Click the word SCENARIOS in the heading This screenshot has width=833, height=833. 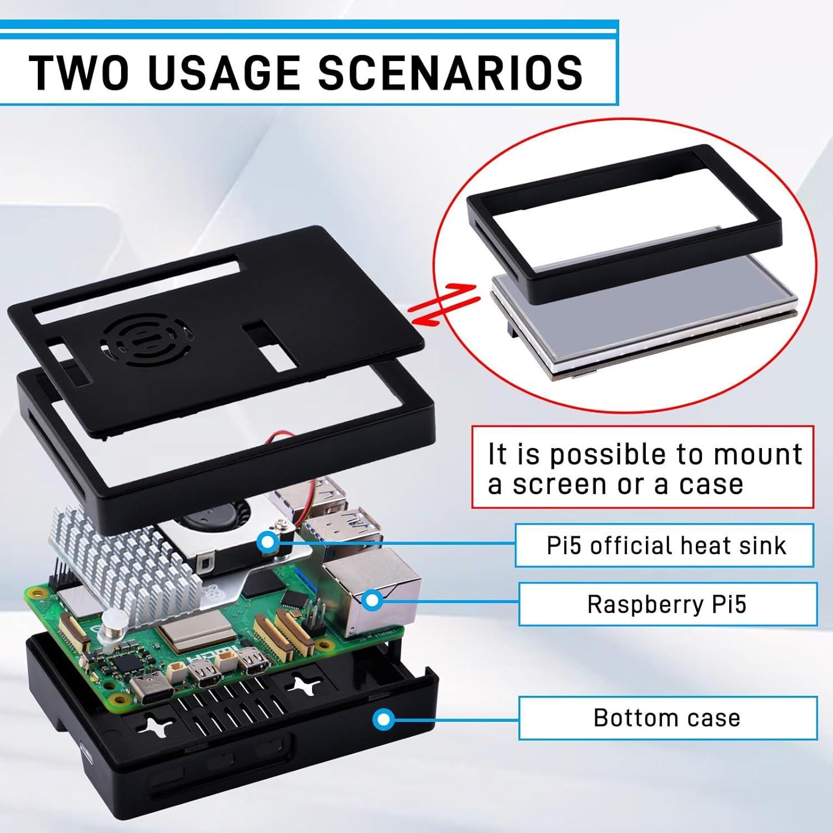pos(450,72)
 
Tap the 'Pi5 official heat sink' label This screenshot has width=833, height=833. pos(665,545)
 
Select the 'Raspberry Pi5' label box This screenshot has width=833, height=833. pos(667,604)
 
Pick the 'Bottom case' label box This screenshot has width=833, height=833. pos(667,717)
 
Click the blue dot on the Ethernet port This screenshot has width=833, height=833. pos(372,599)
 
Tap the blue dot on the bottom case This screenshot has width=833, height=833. pos(382,719)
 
